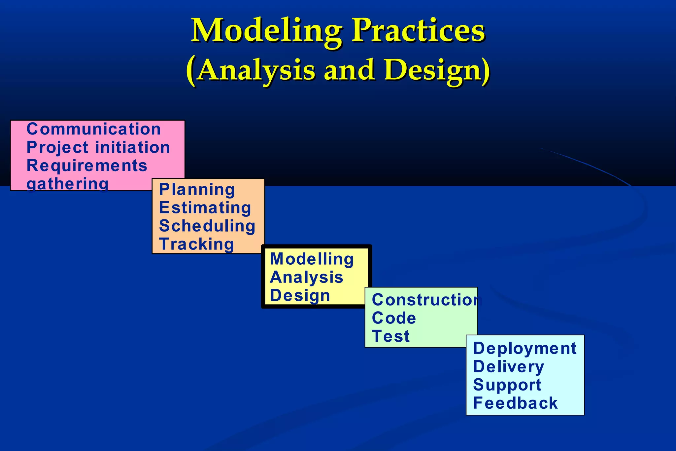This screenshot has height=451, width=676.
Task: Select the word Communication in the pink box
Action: [x=94, y=129]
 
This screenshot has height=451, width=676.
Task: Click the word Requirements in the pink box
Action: [x=87, y=166]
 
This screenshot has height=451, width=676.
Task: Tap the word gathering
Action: [x=68, y=184]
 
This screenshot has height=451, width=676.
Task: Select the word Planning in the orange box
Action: [x=197, y=190]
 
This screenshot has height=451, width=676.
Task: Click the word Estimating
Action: [x=205, y=208]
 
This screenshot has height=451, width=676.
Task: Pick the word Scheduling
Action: [x=207, y=226]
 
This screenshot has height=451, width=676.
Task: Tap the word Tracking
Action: [x=197, y=244]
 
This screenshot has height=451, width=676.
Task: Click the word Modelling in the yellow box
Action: [x=312, y=259]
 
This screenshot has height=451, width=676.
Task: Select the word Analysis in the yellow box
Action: [x=307, y=277]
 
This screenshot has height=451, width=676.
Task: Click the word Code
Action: [x=394, y=318]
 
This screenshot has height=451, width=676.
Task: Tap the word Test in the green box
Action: [x=391, y=336]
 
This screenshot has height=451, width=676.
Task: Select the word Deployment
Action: [x=525, y=348]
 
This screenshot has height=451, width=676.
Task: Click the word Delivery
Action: [x=509, y=367]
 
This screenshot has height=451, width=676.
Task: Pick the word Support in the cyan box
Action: [x=507, y=385]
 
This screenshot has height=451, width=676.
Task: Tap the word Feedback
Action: [x=515, y=403]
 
